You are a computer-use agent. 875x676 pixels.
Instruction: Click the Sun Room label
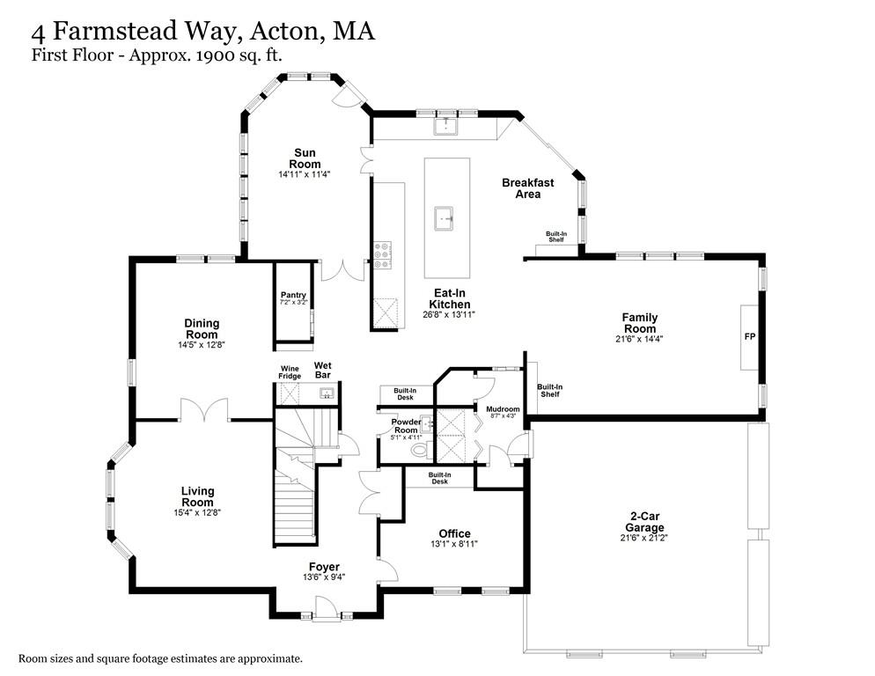click(305, 158)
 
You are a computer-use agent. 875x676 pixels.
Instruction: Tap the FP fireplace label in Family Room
click(749, 337)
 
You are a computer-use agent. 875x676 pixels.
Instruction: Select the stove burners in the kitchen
click(384, 254)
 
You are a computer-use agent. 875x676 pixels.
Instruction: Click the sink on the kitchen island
click(446, 215)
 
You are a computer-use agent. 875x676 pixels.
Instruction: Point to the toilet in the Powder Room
click(419, 451)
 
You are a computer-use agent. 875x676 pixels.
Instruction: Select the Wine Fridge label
click(290, 372)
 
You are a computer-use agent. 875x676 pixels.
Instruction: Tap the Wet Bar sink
click(326, 393)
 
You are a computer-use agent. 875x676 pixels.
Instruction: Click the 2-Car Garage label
click(645, 521)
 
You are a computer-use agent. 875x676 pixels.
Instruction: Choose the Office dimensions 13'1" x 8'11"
click(454, 544)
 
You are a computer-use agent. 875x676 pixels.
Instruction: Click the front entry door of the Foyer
click(324, 607)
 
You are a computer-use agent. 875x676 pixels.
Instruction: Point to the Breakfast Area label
click(527, 188)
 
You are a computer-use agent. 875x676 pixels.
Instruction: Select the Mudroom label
click(503, 408)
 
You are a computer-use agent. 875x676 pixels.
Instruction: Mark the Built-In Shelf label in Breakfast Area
click(555, 237)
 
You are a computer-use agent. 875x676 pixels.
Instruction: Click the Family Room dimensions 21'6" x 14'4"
click(640, 338)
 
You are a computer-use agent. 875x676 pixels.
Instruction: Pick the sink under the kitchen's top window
click(446, 126)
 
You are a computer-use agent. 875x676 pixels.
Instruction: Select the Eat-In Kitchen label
click(450, 299)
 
